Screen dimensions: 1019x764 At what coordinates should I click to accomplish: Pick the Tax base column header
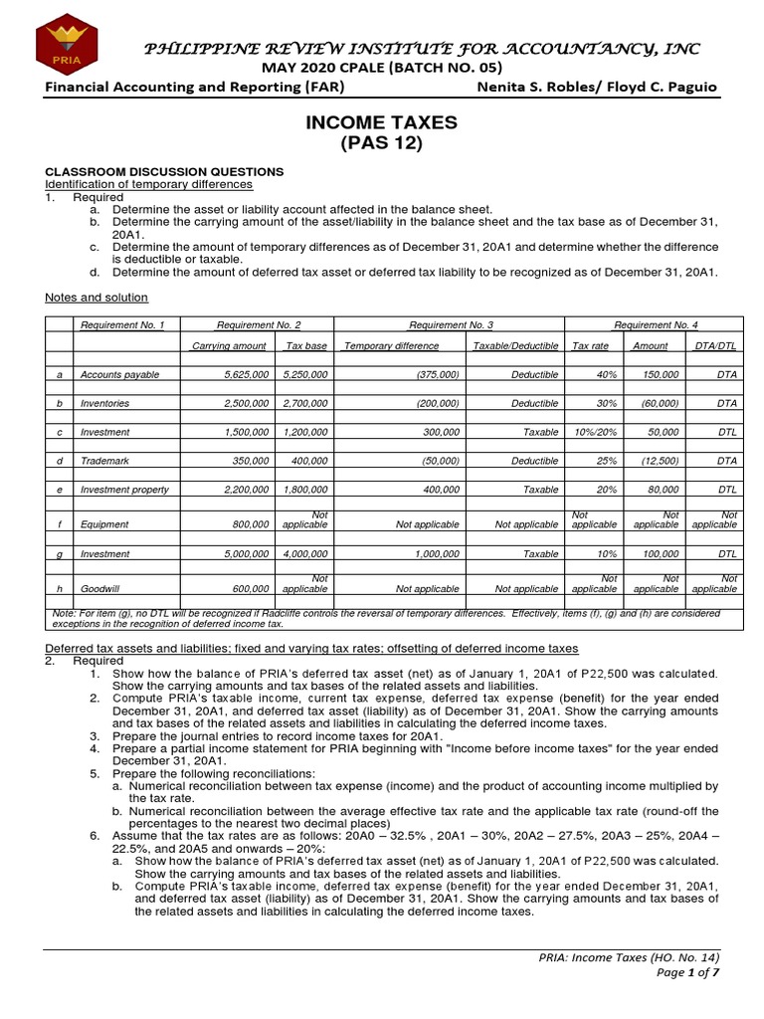pyautogui.click(x=306, y=345)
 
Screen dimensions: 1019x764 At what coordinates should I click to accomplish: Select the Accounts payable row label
pyautogui.click(x=119, y=374)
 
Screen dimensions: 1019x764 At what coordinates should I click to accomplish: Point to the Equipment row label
pyautogui.click(x=104, y=523)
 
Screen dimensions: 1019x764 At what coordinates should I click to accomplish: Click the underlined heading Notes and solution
pyautogui.click(x=96, y=297)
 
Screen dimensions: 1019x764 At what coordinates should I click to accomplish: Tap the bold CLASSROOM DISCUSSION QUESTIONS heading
pyautogui.click(x=164, y=171)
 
